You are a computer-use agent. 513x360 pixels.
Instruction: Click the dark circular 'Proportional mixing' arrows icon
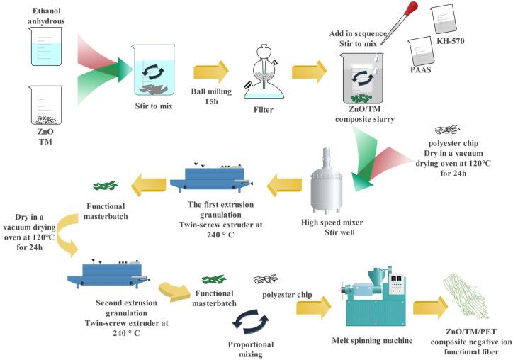(x=252, y=322)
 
